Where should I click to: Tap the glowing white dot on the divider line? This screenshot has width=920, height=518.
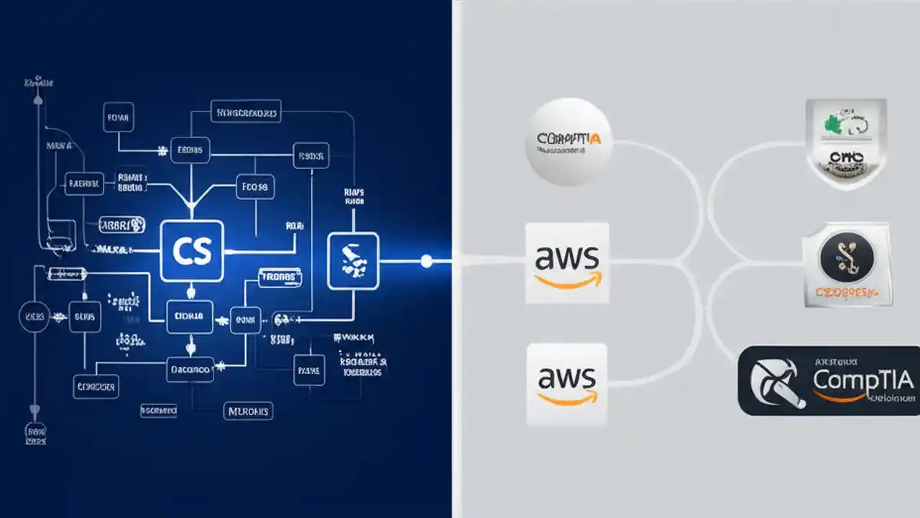click(426, 260)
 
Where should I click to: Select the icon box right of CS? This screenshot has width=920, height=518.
click(353, 260)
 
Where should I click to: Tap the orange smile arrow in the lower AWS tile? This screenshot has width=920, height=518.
click(568, 397)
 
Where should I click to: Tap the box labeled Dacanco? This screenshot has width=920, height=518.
click(190, 370)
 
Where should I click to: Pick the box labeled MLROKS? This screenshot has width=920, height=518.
click(247, 411)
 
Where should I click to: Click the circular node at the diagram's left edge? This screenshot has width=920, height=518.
click(34, 317)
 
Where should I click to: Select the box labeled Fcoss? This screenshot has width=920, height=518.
click(255, 187)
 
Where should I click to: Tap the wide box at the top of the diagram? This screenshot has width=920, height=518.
click(246, 112)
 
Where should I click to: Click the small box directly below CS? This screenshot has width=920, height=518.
click(190, 316)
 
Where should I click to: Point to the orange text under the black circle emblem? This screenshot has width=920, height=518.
click(846, 292)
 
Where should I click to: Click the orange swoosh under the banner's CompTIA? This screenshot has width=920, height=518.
click(848, 395)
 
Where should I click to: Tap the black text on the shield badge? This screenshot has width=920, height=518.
click(845, 158)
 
